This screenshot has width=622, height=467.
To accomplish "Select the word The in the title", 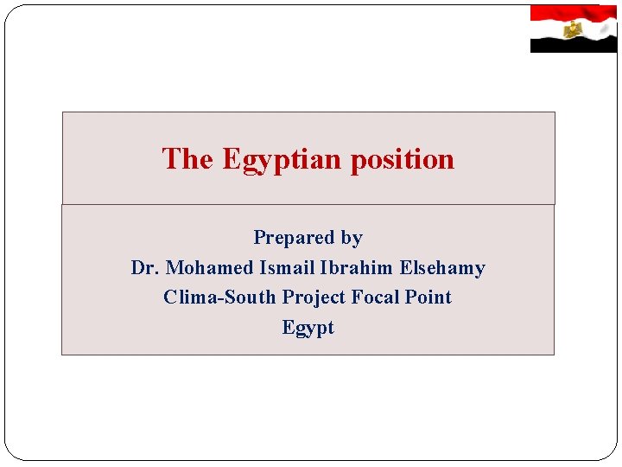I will point(187,159).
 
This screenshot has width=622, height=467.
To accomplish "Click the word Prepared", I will point(294,238).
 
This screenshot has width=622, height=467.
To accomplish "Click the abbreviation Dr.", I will point(145,268).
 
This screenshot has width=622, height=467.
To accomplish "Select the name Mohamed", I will point(208,268).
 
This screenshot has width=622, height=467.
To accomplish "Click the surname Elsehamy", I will point(442,268).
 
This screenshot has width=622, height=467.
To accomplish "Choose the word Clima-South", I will point(219,297).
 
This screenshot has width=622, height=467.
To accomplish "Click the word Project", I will point(314,298).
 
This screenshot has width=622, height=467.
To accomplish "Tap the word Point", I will point(429,297).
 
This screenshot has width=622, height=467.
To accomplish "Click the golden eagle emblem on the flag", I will point(572,29).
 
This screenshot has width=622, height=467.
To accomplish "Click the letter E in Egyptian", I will point(231,159).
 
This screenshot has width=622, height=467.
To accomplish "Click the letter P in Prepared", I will point(258,238).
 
